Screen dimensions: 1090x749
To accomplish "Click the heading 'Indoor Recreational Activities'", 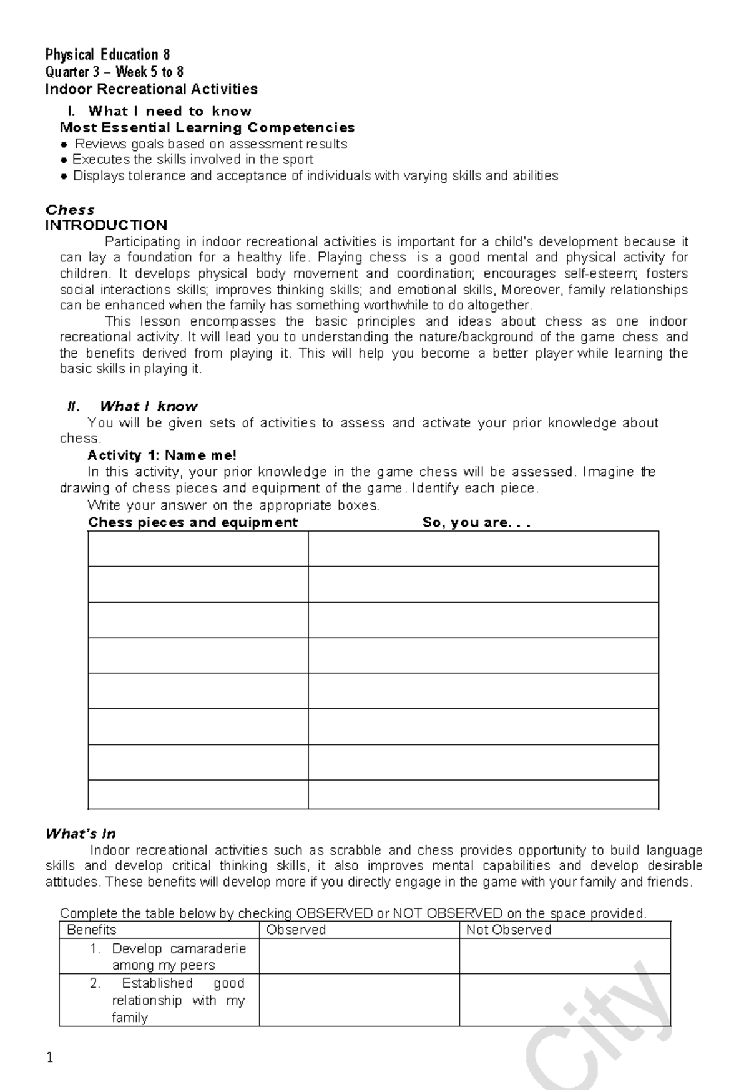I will [x=151, y=89].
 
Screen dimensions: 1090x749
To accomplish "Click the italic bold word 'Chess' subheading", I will [x=70, y=210].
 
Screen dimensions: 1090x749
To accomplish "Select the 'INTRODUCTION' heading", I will [x=106, y=225].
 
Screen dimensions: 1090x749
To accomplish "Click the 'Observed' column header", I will [x=296, y=930].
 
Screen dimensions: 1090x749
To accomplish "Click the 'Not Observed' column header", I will [x=509, y=930].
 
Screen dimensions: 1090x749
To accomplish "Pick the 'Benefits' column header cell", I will [x=92, y=930].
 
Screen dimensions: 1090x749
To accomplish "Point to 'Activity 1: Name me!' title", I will [x=162, y=455].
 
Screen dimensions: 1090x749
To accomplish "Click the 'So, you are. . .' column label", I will [x=476, y=523].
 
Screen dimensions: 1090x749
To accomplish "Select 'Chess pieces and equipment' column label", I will [x=193, y=523].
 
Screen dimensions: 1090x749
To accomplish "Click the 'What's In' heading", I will [x=81, y=834].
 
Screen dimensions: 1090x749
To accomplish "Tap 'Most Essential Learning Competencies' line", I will [x=207, y=128].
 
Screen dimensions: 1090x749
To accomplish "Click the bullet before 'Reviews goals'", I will [x=64, y=145].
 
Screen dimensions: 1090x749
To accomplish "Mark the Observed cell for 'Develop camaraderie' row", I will [x=359, y=956].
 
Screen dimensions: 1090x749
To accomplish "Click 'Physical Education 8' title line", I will [x=107, y=55].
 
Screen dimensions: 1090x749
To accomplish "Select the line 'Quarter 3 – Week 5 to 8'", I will [x=114, y=72].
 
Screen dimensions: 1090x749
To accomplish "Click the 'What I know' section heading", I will [x=149, y=407].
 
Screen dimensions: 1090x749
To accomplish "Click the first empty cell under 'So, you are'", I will [x=483, y=549].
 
